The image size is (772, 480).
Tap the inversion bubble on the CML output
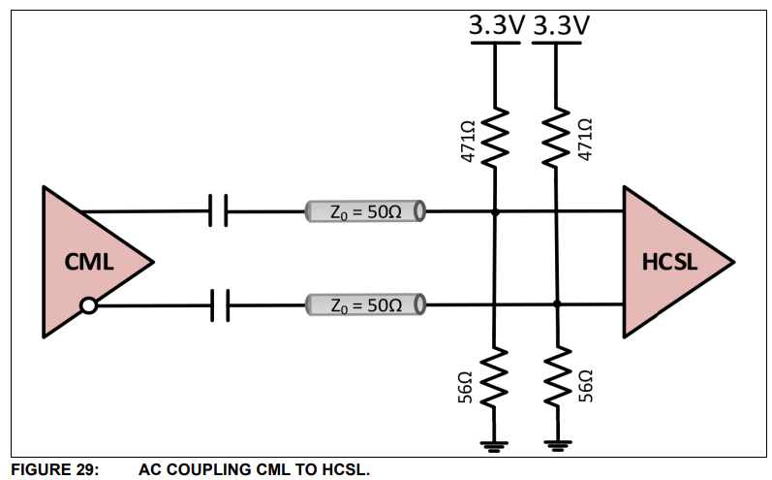[x=88, y=306]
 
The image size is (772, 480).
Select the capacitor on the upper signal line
[x=218, y=209]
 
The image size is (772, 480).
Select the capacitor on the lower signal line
[x=218, y=306]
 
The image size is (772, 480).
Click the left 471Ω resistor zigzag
[x=495, y=139]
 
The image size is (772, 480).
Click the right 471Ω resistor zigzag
[x=557, y=139]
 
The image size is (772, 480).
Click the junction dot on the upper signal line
[x=495, y=210]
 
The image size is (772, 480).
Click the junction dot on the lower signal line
[x=557, y=305]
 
